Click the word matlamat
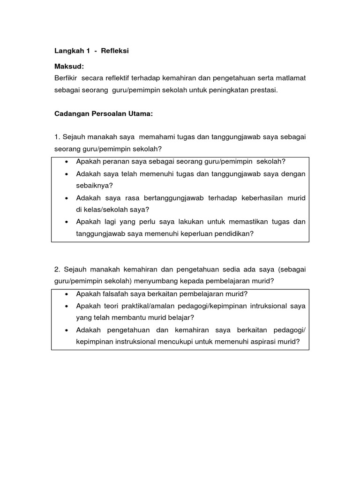291,78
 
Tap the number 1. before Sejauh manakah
57,137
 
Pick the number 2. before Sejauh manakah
57,269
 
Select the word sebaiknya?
94,186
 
